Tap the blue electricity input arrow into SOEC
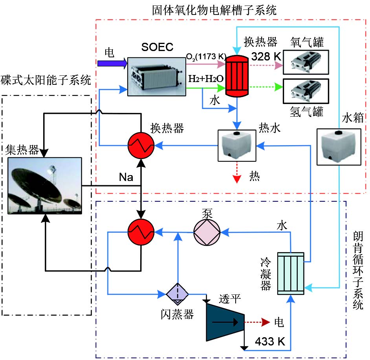112,62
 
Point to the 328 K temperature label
266,56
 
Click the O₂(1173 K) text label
205,58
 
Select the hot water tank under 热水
237,145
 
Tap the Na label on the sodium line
126,177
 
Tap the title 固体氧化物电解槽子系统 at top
214,9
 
